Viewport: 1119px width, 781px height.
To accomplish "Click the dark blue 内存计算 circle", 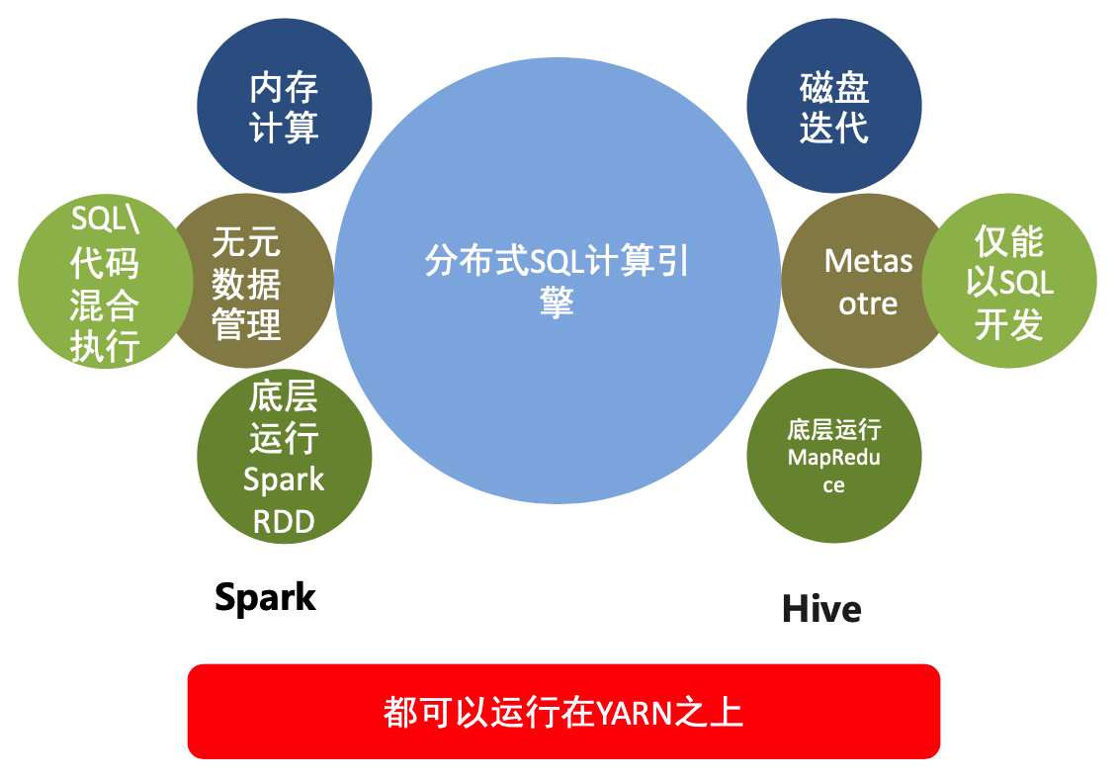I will coord(285,107).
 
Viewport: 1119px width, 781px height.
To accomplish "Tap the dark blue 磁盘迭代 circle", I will coord(833,107).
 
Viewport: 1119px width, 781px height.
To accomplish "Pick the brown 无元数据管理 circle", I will coord(247,283).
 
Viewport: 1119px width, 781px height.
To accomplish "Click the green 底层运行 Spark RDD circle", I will coord(285,458).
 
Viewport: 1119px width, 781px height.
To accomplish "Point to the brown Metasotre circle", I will coord(867,282).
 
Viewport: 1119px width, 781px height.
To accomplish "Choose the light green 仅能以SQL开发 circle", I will coord(1009,283).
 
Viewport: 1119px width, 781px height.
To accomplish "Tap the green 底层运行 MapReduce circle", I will coord(833,457).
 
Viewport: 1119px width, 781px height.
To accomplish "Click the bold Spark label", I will coord(265,597).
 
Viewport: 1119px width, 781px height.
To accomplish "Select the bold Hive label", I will coord(821,608).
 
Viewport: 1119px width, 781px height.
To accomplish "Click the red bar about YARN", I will coord(563,712).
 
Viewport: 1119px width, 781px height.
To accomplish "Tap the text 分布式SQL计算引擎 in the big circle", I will coord(557,280).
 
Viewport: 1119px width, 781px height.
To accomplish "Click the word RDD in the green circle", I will coord(284,521).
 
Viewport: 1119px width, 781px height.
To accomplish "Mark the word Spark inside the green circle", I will coord(284,480).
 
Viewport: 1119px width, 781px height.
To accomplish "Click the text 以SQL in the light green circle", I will coord(1009,284).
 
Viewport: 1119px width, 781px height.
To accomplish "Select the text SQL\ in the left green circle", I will coord(105,219).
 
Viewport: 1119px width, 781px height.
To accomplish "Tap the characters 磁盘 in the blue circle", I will coord(833,88).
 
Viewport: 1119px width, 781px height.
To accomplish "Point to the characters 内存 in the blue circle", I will coord(285,88).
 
